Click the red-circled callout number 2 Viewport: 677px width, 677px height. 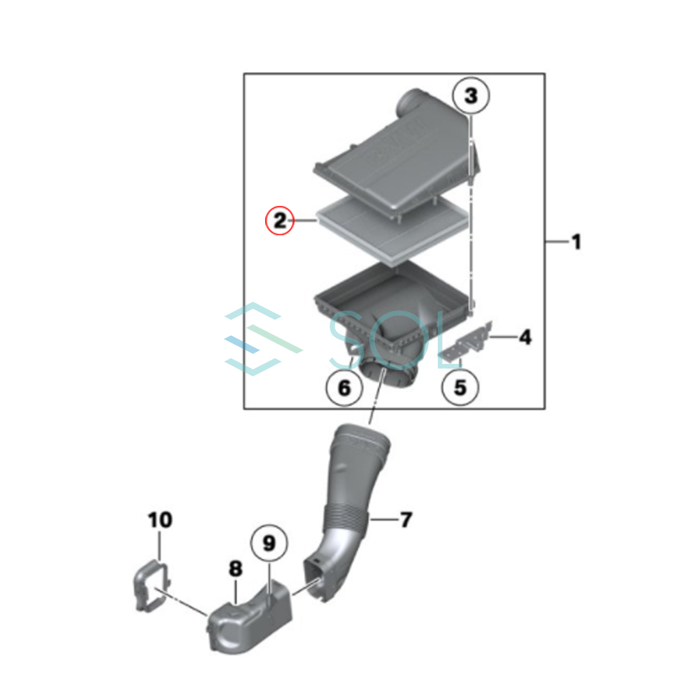tap(279, 221)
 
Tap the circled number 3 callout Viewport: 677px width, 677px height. tap(471, 95)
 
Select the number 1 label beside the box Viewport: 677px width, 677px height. tap(576, 242)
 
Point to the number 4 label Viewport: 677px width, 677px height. tap(525, 337)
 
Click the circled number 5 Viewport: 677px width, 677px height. tap(460, 388)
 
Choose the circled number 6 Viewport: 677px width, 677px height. tap(344, 388)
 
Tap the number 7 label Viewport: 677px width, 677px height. tap(406, 520)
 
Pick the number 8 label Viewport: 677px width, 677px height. tap(235, 568)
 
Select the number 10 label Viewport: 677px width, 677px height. tap(160, 519)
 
